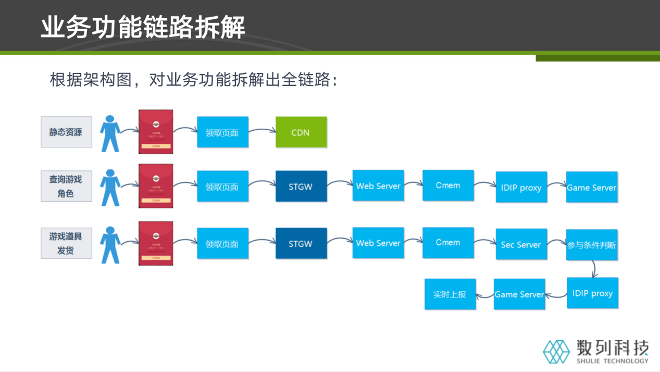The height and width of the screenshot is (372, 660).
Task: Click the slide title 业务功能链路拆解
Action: (143, 27)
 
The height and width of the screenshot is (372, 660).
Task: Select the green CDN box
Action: (301, 132)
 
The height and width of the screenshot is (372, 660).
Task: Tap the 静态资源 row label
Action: (66, 132)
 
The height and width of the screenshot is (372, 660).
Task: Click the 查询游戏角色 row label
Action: (66, 186)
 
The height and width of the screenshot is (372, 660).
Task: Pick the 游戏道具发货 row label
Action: (66, 243)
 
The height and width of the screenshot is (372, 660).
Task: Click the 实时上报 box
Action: (450, 294)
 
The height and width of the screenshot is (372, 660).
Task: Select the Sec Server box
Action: (521, 244)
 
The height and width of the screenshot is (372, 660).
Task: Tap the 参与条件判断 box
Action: (592, 244)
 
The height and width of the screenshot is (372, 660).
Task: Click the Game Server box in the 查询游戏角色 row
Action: (592, 188)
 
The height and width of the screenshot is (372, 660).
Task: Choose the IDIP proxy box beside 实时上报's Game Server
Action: (592, 293)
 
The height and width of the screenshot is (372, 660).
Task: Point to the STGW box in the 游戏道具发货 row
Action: (301, 243)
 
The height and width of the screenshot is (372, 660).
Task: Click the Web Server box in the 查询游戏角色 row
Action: (378, 186)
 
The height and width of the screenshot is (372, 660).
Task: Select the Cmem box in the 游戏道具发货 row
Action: (448, 243)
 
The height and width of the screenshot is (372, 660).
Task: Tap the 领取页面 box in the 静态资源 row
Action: (222, 132)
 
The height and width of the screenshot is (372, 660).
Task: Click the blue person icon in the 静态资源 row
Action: (110, 133)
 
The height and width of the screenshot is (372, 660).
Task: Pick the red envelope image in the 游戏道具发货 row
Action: (156, 243)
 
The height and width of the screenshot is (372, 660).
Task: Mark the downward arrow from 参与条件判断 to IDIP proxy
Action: (594, 269)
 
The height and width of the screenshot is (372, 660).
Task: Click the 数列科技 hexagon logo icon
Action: (557, 351)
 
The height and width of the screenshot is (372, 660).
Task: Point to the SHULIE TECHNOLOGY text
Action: (613, 361)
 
